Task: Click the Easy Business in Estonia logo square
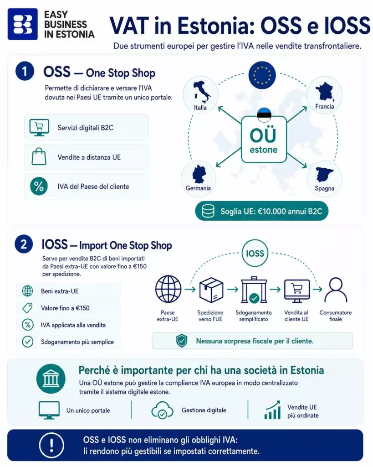(23, 24)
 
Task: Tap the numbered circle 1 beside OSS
(25, 71)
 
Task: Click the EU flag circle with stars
(262, 75)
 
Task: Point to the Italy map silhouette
(202, 90)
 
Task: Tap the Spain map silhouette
(325, 174)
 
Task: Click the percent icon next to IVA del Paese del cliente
(39, 186)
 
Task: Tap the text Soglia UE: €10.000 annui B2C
(271, 212)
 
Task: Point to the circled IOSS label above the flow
(255, 254)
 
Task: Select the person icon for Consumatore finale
(336, 290)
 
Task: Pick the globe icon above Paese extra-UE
(168, 289)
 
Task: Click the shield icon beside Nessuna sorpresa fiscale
(182, 341)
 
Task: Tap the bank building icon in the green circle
(51, 379)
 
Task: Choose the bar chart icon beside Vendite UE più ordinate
(272, 410)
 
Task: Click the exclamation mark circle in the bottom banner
(52, 445)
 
